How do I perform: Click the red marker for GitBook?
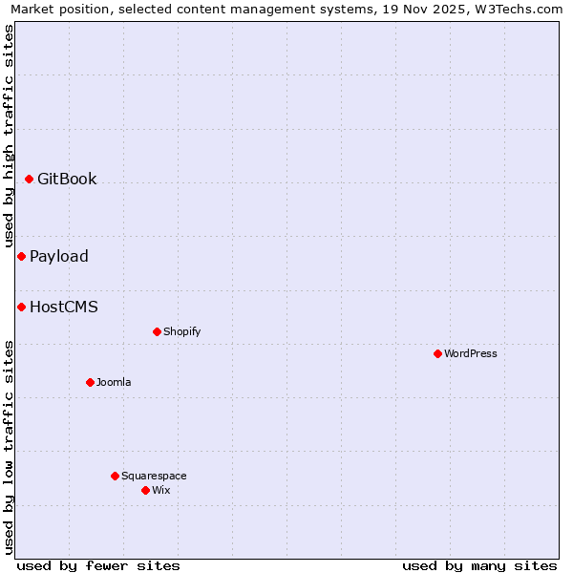pos(30,180)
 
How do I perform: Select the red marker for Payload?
pos(21,257)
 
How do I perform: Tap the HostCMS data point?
pos(21,308)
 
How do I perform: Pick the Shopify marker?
pos(157,332)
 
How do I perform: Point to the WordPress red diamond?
pos(437,354)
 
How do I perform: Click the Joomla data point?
pos(90,383)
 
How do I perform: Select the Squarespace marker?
pos(115,477)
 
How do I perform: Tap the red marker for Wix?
pos(145,491)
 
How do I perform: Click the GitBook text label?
pos(67,180)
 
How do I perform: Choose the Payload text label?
pos(59,257)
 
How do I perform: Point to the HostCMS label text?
pos(64,308)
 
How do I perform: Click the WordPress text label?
pos(471,354)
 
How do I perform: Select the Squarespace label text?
pos(154,477)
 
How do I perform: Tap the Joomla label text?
pos(114,383)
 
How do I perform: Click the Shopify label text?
pos(182,332)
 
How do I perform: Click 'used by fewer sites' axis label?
pos(98,565)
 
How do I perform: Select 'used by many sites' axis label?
pos(479,565)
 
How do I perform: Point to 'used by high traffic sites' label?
pos(9,136)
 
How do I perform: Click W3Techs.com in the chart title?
pos(514,10)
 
